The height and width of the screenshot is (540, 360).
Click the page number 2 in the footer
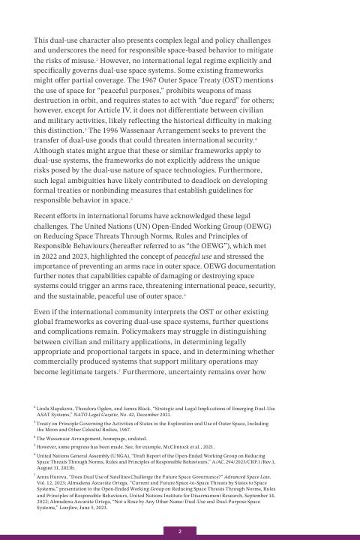click(x=180, y=531)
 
